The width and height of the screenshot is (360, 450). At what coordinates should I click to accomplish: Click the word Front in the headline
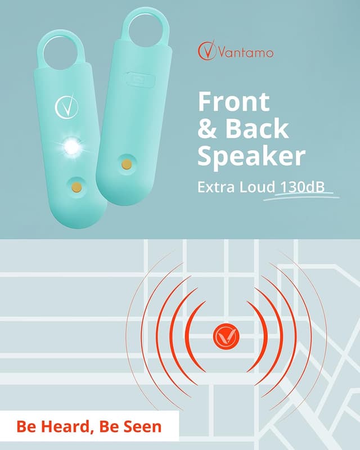[x=233, y=102]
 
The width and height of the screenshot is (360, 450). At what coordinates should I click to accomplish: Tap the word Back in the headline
[x=257, y=129]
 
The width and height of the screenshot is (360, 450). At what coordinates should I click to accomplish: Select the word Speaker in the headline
[x=251, y=156]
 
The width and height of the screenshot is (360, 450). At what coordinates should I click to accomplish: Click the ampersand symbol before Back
[x=208, y=129]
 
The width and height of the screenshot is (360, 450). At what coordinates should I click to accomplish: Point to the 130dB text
[x=303, y=187]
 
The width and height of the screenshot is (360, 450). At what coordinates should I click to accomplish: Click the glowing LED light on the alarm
[x=71, y=147]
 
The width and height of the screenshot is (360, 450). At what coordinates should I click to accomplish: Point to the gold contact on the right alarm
[x=127, y=164]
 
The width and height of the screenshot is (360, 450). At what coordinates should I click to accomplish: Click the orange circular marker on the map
[x=226, y=336]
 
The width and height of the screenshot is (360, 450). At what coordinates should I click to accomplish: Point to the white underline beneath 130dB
[x=304, y=196]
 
